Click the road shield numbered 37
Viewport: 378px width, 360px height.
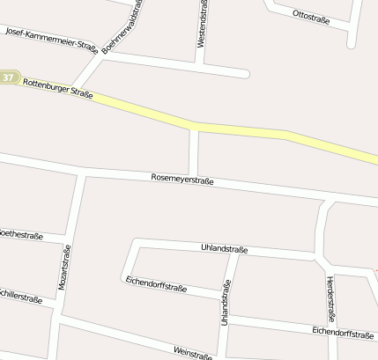pyautogui.click(x=8, y=77)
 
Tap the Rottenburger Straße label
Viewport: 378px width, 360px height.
pyautogui.click(x=58, y=87)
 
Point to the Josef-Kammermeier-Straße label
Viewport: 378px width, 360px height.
pyautogui.click(x=50, y=39)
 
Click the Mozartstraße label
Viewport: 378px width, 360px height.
pyautogui.click(x=64, y=268)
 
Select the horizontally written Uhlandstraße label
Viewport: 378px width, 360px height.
pyautogui.click(x=225, y=249)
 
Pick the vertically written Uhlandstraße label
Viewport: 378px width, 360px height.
pyautogui.click(x=226, y=303)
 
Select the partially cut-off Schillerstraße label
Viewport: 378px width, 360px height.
pyautogui.click(x=21, y=298)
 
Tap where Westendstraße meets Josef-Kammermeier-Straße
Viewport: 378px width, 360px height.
pyautogui.click(x=202, y=64)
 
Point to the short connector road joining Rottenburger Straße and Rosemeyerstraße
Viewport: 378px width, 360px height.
pyautogui.click(x=193, y=152)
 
